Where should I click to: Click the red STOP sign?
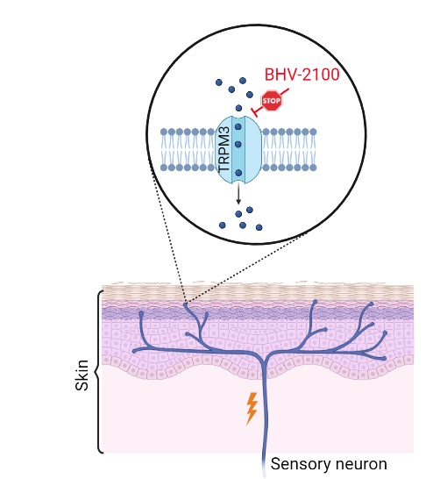click(x=271, y=101)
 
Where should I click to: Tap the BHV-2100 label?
click(x=302, y=75)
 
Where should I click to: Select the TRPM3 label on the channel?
click(x=224, y=149)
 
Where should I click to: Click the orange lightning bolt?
click(x=252, y=409)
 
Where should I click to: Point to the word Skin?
click(x=82, y=375)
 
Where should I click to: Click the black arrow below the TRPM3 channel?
click(x=238, y=194)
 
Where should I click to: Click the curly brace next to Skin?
click(x=99, y=372)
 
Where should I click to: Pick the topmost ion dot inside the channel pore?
click(x=238, y=126)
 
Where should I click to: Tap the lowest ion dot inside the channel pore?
click(x=238, y=173)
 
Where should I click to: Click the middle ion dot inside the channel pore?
click(x=238, y=144)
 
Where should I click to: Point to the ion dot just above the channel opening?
click(x=238, y=108)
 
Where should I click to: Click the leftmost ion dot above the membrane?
click(x=219, y=82)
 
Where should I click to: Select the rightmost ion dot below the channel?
click(x=259, y=227)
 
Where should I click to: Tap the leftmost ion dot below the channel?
click(x=223, y=225)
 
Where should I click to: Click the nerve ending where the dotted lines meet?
click(x=185, y=304)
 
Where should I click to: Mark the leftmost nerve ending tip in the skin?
click(x=134, y=352)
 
